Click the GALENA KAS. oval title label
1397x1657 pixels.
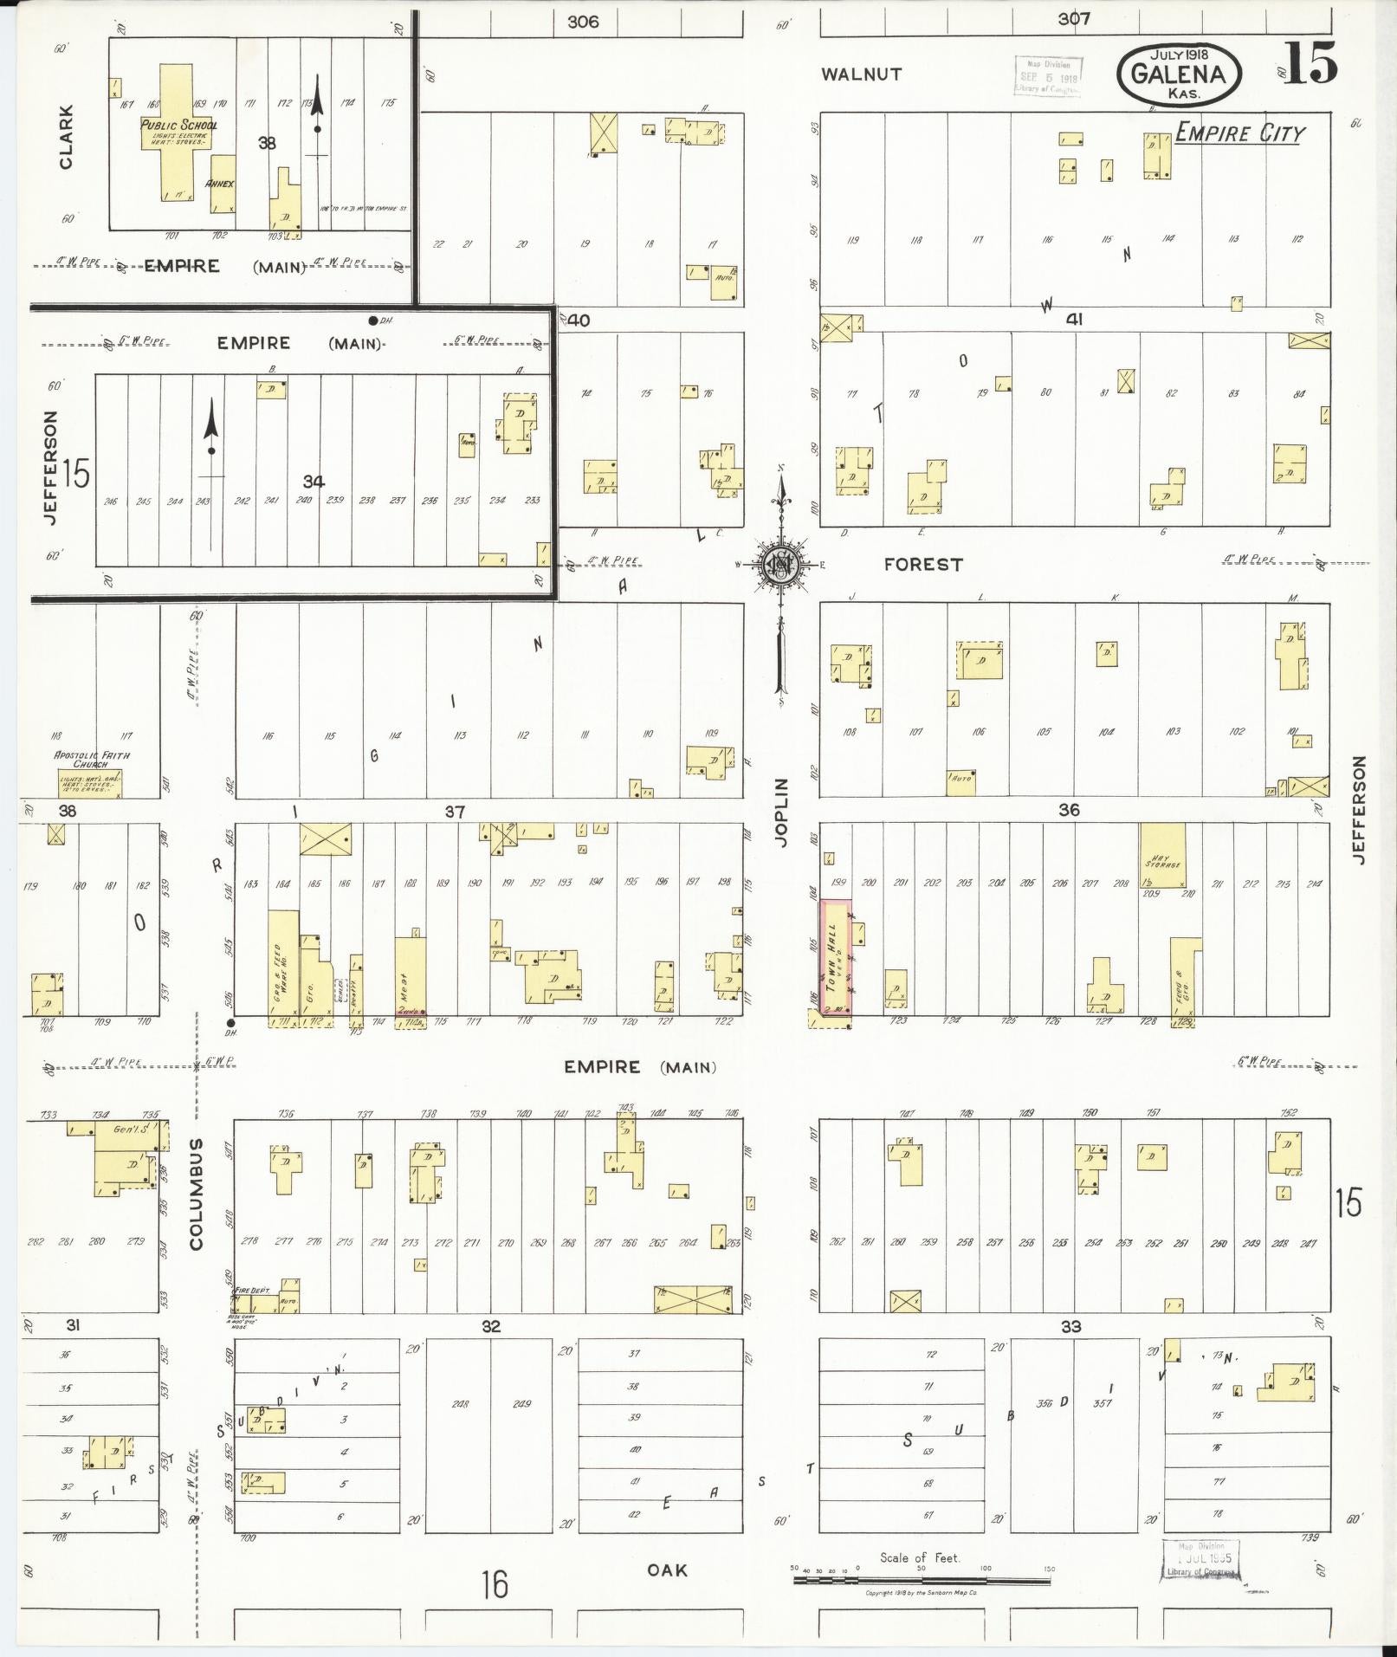[1179, 73]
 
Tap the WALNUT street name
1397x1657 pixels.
[861, 74]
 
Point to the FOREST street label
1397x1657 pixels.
[922, 565]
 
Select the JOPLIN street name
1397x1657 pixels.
[781, 812]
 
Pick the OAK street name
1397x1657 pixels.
[667, 1570]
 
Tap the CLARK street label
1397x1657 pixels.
[66, 136]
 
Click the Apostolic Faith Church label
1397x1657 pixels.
[91, 760]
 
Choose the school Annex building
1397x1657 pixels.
[222, 184]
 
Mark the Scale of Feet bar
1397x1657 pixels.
[922, 1580]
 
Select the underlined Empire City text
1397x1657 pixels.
[1239, 133]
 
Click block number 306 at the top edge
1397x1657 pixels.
[583, 21]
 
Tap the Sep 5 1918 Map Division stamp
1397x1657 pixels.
[1048, 76]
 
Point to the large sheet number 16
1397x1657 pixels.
[495, 1585]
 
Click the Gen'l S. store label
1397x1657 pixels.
[126, 1129]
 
